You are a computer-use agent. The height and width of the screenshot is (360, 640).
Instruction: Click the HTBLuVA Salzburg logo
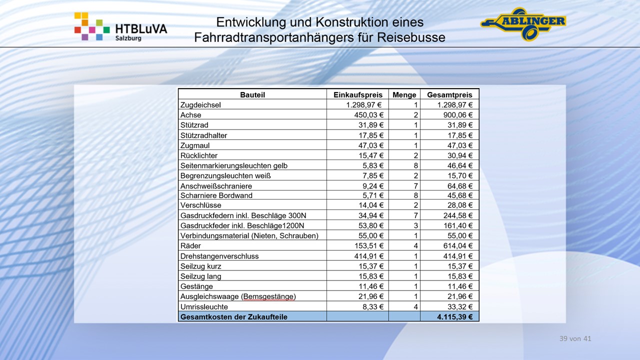120,27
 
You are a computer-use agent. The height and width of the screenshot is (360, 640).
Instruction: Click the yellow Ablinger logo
523,23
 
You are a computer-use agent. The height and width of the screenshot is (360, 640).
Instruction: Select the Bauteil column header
252,94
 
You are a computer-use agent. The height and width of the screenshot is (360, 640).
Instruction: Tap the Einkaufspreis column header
357,94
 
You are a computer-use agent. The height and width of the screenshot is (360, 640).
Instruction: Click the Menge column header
404,94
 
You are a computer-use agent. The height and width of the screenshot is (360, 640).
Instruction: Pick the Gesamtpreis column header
449,94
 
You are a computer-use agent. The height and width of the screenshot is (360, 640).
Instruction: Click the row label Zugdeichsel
201,105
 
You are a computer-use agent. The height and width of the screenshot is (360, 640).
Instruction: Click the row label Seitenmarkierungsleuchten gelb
234,165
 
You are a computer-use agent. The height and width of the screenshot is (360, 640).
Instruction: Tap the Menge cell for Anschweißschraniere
415,185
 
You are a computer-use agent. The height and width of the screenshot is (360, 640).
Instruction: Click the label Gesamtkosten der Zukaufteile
234,316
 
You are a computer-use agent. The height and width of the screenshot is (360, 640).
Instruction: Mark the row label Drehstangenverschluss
219,256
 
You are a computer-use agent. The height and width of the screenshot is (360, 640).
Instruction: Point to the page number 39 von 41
575,338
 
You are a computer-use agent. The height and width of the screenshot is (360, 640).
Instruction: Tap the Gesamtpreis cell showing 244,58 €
456,215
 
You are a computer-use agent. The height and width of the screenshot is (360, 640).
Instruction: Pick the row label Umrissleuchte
204,306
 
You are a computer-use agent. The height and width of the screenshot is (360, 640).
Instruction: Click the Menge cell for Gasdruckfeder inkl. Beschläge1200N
415,225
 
